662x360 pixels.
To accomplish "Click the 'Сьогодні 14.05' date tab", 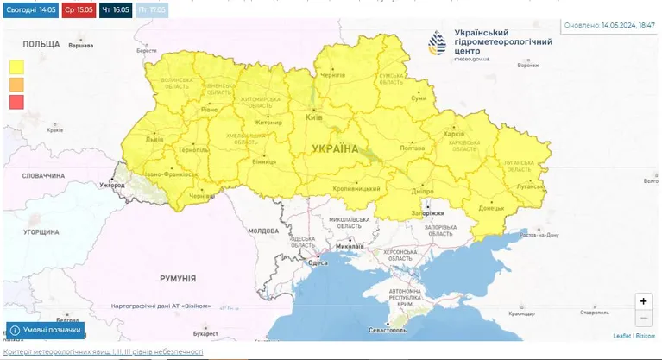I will coord(30,9).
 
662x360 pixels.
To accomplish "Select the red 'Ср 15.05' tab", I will coord(79,9).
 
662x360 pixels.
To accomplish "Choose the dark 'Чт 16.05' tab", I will coord(116,9).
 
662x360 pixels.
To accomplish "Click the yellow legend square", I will coord(16,66).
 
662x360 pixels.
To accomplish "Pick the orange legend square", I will coord(16,84).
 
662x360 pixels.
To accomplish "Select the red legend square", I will coord(16,102).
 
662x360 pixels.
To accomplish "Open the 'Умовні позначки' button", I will coord(46,330).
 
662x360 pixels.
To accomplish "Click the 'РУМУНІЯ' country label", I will coord(177,278).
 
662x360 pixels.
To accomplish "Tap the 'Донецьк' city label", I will coord(491,208).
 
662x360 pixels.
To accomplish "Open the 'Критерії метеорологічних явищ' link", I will coord(103,352).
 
